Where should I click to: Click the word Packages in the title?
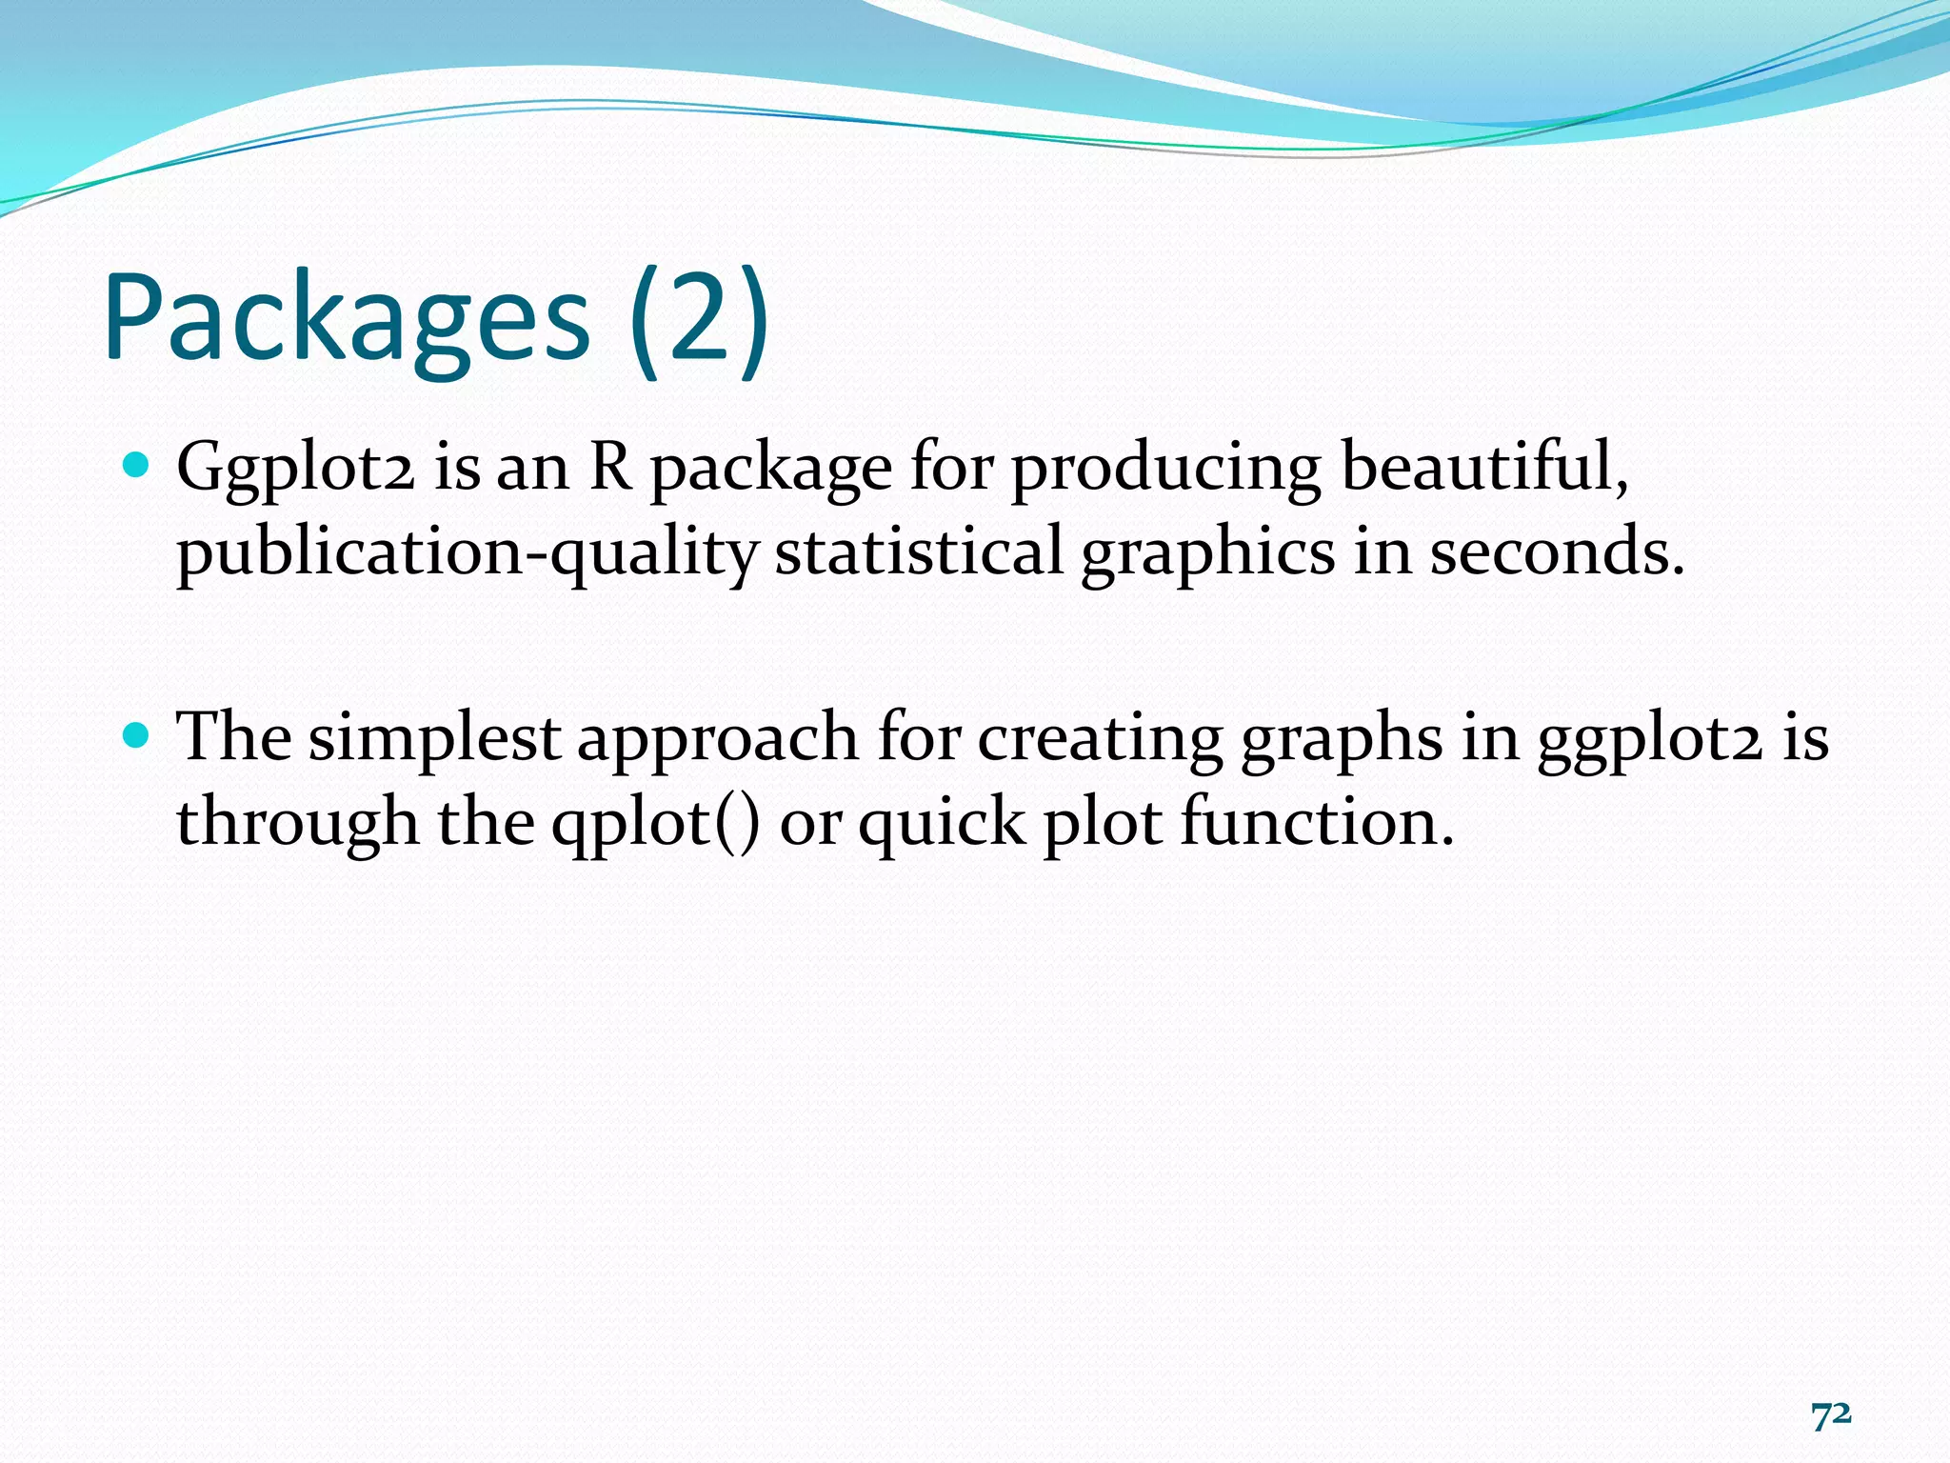[347, 319]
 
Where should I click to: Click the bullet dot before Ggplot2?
[137, 466]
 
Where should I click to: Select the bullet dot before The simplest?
[137, 735]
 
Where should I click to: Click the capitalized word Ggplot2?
[295, 469]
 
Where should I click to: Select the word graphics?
[1207, 552]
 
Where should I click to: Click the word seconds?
[1557, 552]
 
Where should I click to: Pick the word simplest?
[434, 738]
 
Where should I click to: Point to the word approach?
[718, 738]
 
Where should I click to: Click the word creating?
[1100, 738]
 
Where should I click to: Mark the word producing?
[1165, 469]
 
